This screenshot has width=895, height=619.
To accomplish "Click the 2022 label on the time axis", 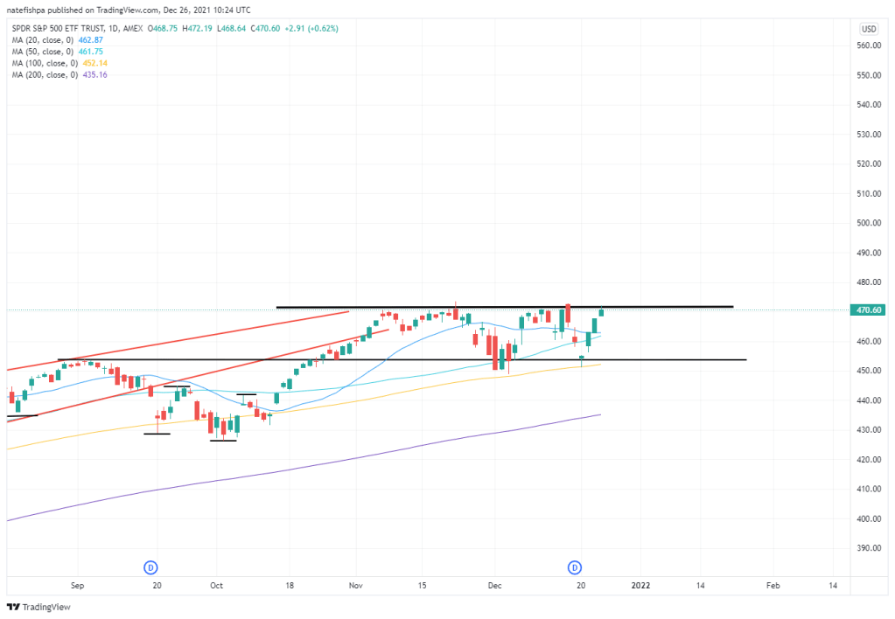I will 640,586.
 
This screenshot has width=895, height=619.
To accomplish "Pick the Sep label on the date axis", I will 77,586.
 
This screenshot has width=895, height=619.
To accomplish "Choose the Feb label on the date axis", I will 773,586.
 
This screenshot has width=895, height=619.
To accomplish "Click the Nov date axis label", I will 355,586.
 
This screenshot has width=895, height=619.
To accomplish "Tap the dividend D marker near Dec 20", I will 576,567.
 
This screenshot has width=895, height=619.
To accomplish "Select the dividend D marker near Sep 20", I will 150,567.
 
